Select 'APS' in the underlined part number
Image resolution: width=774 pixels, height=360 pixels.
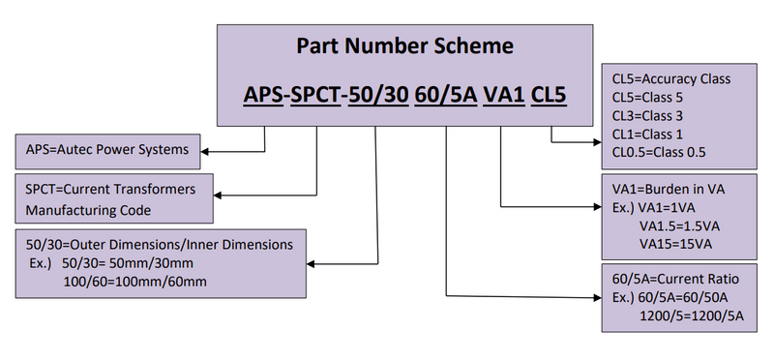264,95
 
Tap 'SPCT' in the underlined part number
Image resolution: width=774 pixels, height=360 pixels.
319,95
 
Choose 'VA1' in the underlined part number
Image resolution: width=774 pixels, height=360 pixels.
503,95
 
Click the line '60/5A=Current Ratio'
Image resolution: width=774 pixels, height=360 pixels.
670,279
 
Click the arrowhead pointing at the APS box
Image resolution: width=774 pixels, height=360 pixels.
207,150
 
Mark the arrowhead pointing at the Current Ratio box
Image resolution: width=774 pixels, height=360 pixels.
594,295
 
